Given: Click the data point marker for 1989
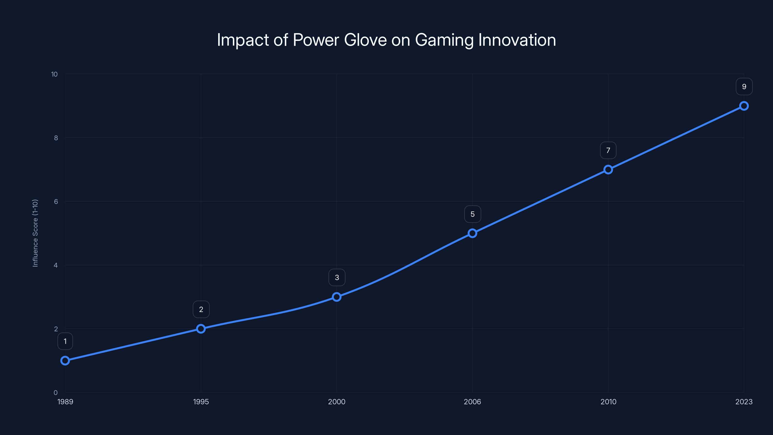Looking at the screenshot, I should [65, 360].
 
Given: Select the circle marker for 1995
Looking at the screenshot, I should [201, 328].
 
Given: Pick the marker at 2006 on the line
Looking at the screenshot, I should [472, 233].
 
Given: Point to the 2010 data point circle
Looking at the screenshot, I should [608, 169].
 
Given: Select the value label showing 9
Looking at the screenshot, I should [744, 87].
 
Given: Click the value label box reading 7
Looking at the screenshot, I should [608, 150].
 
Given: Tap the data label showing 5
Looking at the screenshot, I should [472, 214].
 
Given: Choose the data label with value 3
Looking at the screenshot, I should [337, 277].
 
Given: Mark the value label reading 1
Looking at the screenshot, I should [65, 341].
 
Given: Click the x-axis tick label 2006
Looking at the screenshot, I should [472, 402].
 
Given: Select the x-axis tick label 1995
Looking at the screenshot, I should [201, 402].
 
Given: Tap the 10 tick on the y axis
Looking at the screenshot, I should [54, 74].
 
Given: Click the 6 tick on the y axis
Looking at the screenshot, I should [56, 202].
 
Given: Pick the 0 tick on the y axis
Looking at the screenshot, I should [56, 392].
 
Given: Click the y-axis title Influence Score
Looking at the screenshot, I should [35, 233].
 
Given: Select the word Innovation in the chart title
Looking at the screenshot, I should [517, 40].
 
